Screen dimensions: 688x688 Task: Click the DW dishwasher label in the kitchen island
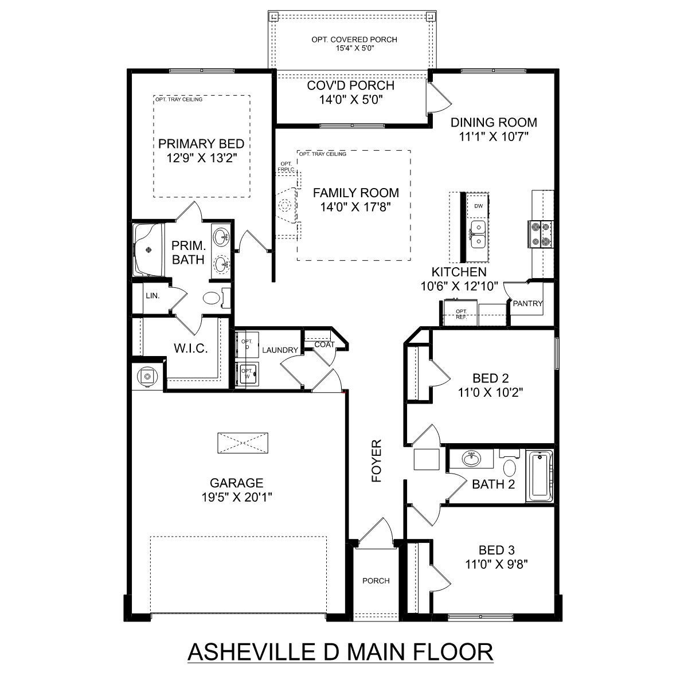478,206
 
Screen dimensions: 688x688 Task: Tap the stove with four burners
541,234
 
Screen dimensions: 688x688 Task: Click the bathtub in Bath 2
540,476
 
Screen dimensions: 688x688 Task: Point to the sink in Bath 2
471,459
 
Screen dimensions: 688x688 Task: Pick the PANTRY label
527,303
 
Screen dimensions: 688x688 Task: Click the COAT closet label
324,345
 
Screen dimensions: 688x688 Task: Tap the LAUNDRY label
280,350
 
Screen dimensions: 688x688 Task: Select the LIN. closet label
153,296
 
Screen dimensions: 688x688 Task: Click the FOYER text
377,461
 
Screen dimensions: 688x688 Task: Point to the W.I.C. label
191,349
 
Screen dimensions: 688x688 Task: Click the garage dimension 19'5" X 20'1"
237,497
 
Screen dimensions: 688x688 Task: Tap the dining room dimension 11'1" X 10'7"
494,136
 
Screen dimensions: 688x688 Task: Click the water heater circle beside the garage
147,376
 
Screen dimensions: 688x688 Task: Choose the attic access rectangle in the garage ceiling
243,443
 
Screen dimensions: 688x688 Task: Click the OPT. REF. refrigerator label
461,314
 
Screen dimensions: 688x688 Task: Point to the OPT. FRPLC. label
286,167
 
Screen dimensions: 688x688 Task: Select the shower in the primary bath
149,249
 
